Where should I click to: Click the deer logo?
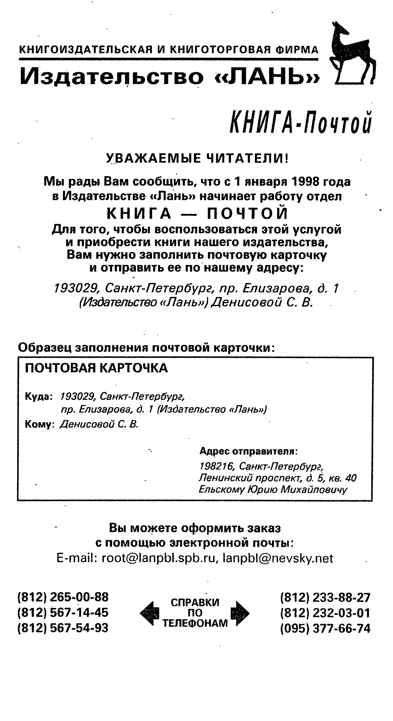point(351,53)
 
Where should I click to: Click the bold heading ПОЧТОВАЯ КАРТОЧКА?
point(96,368)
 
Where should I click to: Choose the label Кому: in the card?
point(39,424)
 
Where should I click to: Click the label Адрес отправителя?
point(248,451)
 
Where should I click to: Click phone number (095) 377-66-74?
point(325,628)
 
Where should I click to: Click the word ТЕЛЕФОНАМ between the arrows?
point(195,623)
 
